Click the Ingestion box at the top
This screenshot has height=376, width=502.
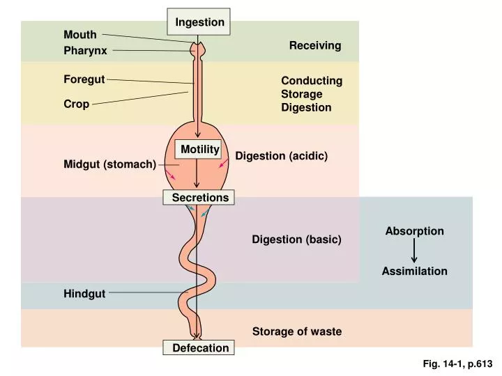pyautogui.click(x=199, y=22)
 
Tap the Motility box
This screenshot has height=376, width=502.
pyautogui.click(x=199, y=149)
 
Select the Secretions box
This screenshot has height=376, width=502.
pyautogui.click(x=200, y=198)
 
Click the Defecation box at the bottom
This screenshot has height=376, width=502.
pyautogui.click(x=200, y=347)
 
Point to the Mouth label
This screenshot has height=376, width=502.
pyautogui.click(x=80, y=35)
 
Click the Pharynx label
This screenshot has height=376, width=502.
pyautogui.click(x=85, y=51)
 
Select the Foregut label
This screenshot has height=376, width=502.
pyautogui.click(x=84, y=79)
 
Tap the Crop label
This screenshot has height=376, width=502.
pyautogui.click(x=77, y=104)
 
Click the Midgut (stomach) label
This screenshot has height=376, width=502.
pyautogui.click(x=110, y=164)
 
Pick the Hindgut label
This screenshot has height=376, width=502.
pyautogui.click(x=84, y=294)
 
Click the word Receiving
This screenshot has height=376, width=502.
pyautogui.click(x=315, y=45)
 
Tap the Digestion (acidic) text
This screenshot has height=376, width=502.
pyautogui.click(x=281, y=156)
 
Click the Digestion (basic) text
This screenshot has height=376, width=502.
pyautogui.click(x=296, y=240)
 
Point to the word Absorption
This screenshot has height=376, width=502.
pyautogui.click(x=414, y=231)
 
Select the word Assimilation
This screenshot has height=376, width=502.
pyautogui.click(x=414, y=271)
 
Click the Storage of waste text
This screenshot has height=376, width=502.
pyautogui.click(x=297, y=331)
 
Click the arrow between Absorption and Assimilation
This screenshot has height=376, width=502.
pyautogui.click(x=414, y=251)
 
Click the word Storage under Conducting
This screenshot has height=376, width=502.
pyautogui.click(x=302, y=94)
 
